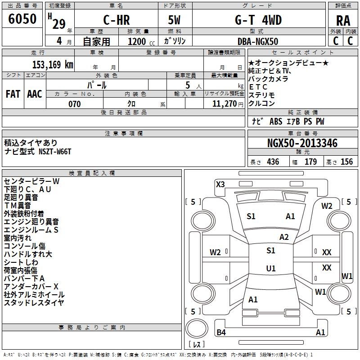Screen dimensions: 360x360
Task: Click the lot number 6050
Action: pyautogui.click(x=22, y=18)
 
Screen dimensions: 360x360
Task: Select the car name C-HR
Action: pyautogui.click(x=117, y=20)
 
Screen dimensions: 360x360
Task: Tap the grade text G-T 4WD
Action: pyautogui.click(x=258, y=20)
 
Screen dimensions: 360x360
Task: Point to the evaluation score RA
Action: pyautogui.click(x=343, y=21)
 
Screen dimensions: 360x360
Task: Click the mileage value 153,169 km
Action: pyautogui.click(x=53, y=64)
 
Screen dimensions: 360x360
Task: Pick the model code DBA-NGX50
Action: pyautogui.click(x=258, y=41)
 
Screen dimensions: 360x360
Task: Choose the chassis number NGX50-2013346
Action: pyautogui.click(x=302, y=143)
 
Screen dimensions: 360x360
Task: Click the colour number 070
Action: pyautogui.click(x=75, y=104)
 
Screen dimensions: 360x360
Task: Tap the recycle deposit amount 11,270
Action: pyautogui.click(x=224, y=104)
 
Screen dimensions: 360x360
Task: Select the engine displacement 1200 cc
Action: pyautogui.click(x=141, y=41)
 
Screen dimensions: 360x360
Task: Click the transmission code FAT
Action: pyautogui.click(x=13, y=94)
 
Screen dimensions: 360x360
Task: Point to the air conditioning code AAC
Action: pyautogui.click(x=35, y=94)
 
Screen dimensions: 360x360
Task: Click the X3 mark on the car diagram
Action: pyautogui.click(x=220, y=184)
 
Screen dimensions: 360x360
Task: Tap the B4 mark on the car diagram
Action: pyautogui.click(x=221, y=332)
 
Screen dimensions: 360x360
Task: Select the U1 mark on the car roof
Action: pyautogui.click(x=271, y=268)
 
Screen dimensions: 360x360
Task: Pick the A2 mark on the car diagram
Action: pyautogui.click(x=284, y=237)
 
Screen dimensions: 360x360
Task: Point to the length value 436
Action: pyautogui.click(x=273, y=162)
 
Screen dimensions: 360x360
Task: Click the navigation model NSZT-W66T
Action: pyautogui.click(x=55, y=152)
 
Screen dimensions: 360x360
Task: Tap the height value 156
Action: pyautogui.click(x=346, y=162)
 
